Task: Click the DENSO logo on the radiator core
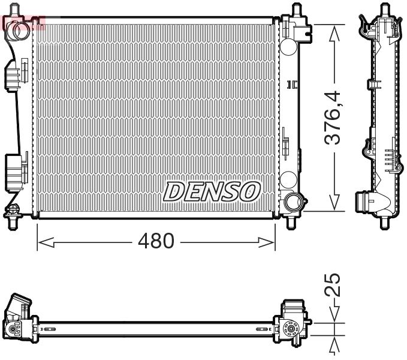coord(212,191)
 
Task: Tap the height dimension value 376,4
coord(333,117)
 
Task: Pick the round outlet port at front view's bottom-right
coord(293,201)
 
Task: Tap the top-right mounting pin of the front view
coord(296,10)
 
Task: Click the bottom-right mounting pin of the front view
coord(292,222)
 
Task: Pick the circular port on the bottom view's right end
coord(292,329)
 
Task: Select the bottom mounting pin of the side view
coord(384,223)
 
